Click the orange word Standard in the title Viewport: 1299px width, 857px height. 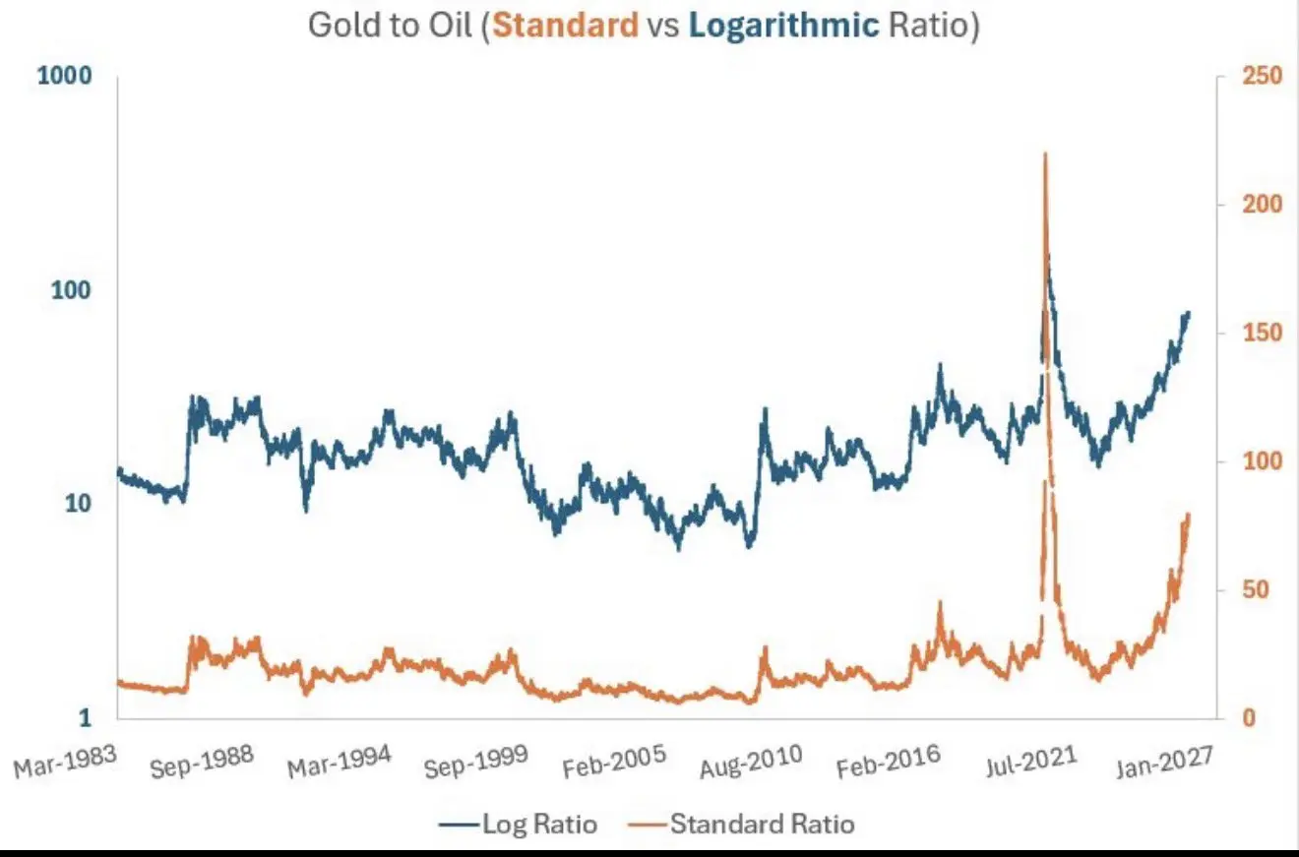coord(565,25)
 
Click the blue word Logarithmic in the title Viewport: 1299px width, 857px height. coord(783,25)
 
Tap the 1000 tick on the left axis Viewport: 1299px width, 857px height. coord(65,76)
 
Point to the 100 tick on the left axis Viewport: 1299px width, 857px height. coord(72,291)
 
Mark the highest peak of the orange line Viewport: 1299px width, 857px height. coord(1044,154)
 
